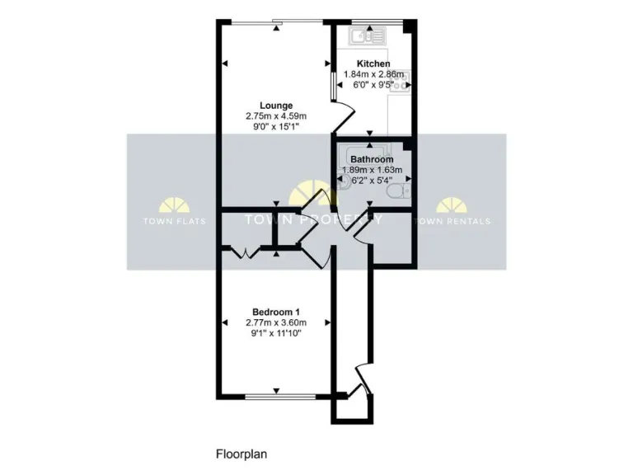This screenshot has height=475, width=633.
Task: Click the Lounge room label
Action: click(276, 105)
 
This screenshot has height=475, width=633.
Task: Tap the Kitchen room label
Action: click(373, 63)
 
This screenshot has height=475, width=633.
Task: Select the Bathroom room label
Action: click(372, 159)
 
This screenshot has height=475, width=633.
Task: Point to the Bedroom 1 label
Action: click(276, 311)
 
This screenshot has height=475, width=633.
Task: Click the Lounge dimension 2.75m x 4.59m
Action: click(276, 116)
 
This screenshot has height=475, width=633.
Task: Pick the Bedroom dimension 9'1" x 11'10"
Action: click(276, 333)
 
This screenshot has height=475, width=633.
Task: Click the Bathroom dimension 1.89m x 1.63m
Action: click(372, 170)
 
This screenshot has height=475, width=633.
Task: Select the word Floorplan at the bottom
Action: click(241, 453)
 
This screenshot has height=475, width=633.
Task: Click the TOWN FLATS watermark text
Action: click(175, 221)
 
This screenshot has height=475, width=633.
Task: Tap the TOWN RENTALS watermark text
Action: click(452, 221)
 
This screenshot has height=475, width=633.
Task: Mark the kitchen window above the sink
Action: click(375, 21)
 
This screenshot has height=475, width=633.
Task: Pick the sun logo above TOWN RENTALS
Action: click(452, 206)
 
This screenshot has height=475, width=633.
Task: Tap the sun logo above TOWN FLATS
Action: click(175, 206)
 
